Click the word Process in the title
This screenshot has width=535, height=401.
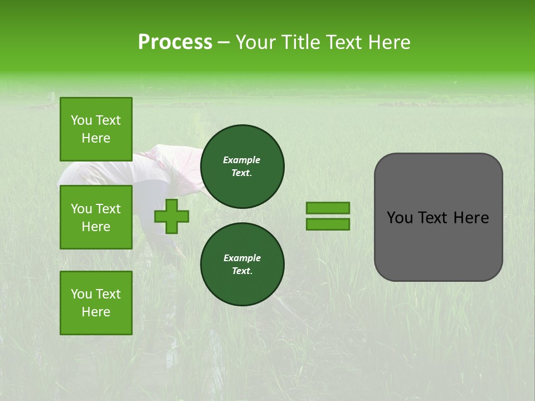(175, 42)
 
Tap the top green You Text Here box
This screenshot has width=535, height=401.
(96, 129)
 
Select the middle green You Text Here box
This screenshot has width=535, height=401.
(96, 217)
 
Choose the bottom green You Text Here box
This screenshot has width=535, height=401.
(96, 303)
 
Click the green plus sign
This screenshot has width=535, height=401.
(172, 216)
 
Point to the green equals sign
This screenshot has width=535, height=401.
(328, 216)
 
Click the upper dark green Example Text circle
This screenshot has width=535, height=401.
(242, 166)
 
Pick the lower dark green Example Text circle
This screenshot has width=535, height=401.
(242, 264)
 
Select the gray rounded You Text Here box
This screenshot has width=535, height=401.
(438, 217)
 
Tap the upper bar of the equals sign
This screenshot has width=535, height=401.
(328, 208)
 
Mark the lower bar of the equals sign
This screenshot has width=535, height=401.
(328, 224)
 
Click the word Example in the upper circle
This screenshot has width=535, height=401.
(242, 160)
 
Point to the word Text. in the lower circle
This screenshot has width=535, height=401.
(242, 271)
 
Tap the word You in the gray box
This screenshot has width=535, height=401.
(400, 218)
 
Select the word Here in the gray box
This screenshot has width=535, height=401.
(471, 218)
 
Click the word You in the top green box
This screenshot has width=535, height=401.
(81, 120)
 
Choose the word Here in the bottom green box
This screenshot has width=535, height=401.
(96, 312)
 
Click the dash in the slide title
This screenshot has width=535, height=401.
(224, 43)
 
